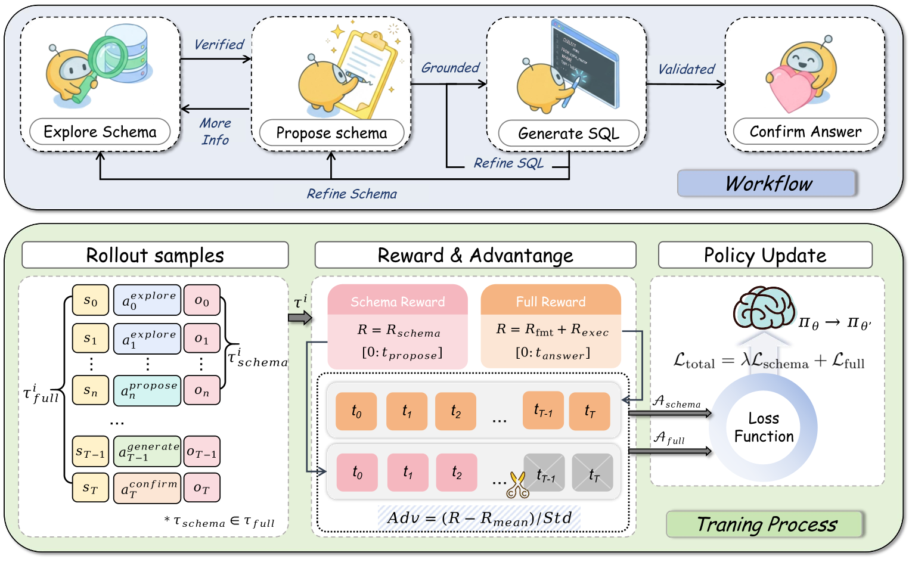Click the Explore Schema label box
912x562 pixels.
[100, 132]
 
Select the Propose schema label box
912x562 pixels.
[331, 133]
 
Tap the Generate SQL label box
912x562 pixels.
[568, 133]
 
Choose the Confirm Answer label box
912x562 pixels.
[805, 132]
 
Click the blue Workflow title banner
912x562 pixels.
[767, 184]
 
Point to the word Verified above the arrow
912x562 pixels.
[219, 45]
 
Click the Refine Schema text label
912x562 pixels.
[352, 194]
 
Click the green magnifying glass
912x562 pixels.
[107, 58]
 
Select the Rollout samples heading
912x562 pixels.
[155, 255]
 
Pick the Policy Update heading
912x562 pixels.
[765, 255]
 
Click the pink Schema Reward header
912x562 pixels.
[398, 302]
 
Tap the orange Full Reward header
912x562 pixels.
[551, 302]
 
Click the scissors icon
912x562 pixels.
[517, 485]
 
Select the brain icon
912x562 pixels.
[764, 308]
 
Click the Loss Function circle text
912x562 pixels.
[764, 427]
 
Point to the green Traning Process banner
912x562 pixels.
[765, 524]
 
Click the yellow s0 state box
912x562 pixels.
[91, 300]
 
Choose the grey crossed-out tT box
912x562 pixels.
[593, 473]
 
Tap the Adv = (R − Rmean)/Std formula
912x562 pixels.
[479, 518]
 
